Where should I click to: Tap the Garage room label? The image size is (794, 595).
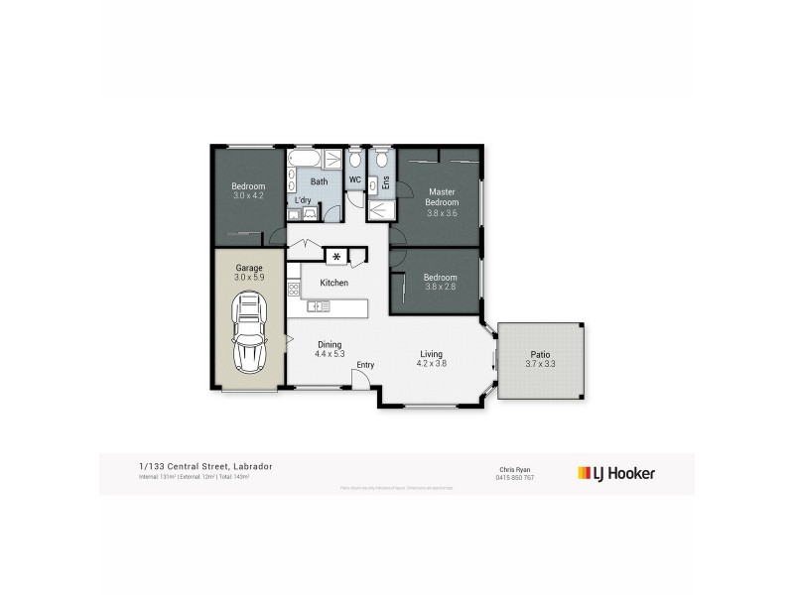(248, 268)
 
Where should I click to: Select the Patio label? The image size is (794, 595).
(540, 353)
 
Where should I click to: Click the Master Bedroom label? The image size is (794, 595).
(441, 196)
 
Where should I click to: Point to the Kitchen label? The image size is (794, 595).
(333, 284)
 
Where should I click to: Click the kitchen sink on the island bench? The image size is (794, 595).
(320, 306)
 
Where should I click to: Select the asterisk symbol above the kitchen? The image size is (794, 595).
(336, 258)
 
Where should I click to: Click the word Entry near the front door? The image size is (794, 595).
(365, 365)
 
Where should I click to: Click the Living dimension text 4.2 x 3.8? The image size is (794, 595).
(431, 364)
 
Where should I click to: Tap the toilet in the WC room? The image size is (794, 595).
(354, 160)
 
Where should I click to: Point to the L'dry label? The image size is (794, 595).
(304, 200)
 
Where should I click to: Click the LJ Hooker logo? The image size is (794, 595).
(616, 473)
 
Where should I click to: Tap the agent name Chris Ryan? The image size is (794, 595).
(512, 469)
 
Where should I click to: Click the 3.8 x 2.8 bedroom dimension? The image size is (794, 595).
(440, 288)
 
